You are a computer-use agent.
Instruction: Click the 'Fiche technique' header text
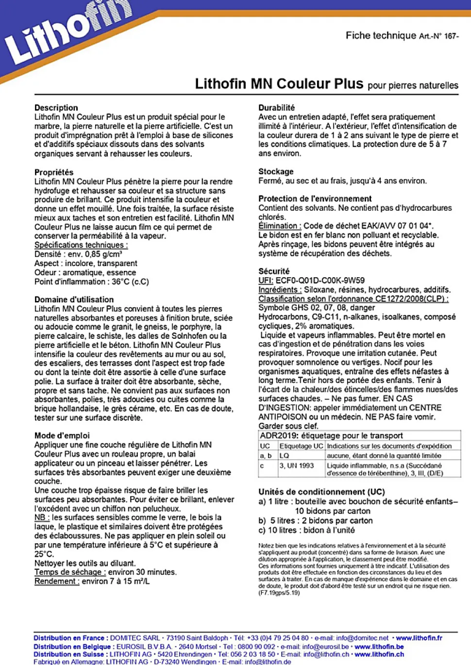(x=381, y=35)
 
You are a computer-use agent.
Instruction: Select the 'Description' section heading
(x=56, y=108)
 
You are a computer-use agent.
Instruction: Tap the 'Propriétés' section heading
(x=54, y=172)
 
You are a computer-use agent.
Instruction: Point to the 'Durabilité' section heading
(x=276, y=108)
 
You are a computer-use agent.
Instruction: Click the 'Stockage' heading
(x=276, y=172)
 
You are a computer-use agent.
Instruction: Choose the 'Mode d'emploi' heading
(x=62, y=436)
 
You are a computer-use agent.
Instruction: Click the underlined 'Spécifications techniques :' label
(x=81, y=245)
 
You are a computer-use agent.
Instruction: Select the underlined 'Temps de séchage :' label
(x=70, y=572)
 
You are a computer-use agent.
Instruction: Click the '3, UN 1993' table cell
(x=297, y=465)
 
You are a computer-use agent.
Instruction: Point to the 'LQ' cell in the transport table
(x=284, y=456)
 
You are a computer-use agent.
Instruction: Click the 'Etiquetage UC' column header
(x=301, y=446)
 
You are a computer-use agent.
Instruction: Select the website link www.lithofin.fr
(x=419, y=638)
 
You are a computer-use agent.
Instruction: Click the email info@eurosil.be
(x=325, y=647)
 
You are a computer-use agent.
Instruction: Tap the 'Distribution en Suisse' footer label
(x=68, y=654)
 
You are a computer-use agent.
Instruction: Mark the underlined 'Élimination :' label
(x=280, y=226)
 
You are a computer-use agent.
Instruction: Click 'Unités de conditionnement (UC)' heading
(x=321, y=492)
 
